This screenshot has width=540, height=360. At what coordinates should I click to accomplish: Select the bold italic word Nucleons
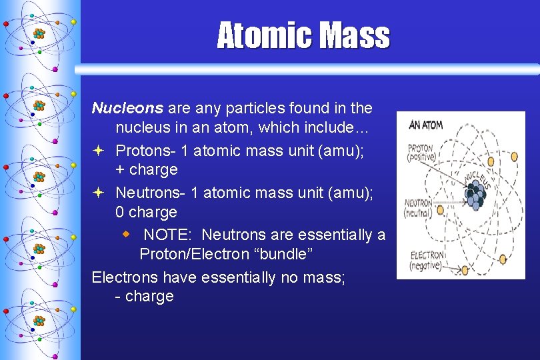pyautogui.click(x=127, y=107)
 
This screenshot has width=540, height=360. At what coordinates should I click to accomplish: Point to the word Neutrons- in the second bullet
pyautogui.click(x=151, y=193)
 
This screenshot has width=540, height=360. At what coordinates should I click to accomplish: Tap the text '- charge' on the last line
pyautogui.click(x=144, y=296)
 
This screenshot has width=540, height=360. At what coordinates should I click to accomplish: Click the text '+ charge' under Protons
pyautogui.click(x=147, y=169)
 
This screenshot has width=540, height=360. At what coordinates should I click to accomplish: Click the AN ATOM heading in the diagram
pyautogui.click(x=426, y=125)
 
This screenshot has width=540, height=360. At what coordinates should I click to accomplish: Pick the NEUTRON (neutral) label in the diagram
pyautogui.click(x=419, y=207)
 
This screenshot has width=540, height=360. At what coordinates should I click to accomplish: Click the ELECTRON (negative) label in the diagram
pyautogui.click(x=425, y=260)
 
